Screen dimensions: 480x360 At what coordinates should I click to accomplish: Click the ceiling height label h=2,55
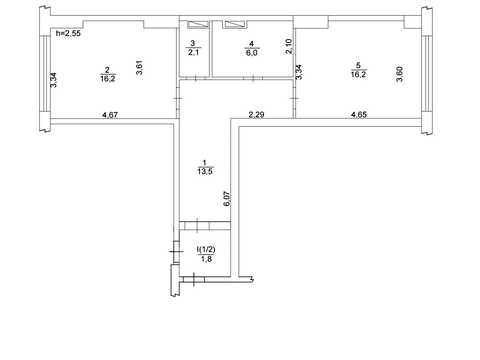coord(68,33)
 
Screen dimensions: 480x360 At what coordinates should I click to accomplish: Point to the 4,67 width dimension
coord(110,115)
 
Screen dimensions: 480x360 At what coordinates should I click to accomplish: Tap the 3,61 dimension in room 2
coord(140,67)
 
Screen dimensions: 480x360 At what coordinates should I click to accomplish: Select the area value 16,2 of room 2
coord(108,79)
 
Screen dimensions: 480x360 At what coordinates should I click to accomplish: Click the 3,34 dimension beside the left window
coord(53,80)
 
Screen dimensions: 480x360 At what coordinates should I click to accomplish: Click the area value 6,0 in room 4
coord(252,53)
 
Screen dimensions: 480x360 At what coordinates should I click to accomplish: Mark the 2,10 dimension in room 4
coord(289,46)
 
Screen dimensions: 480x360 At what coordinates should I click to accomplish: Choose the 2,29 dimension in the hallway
coord(256,115)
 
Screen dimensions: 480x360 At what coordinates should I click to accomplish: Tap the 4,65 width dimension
coord(359,115)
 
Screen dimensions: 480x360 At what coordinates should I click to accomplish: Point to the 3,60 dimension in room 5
coord(399,74)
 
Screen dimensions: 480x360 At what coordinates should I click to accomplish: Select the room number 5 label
coord(358,66)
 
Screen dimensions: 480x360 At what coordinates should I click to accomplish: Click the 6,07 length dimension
coord(227,199)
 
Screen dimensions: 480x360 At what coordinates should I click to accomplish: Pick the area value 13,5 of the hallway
coord(205,172)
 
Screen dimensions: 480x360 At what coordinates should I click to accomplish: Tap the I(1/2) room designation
coord(206,249)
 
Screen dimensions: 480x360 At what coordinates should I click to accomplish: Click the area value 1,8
coord(206,259)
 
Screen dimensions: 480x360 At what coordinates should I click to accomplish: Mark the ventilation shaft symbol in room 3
coord(198,24)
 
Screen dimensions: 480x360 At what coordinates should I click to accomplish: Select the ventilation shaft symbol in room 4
coord(236,24)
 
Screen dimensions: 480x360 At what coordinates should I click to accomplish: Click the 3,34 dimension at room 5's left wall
coord(299,72)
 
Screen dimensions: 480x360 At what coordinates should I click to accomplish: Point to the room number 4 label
coord(252,44)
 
